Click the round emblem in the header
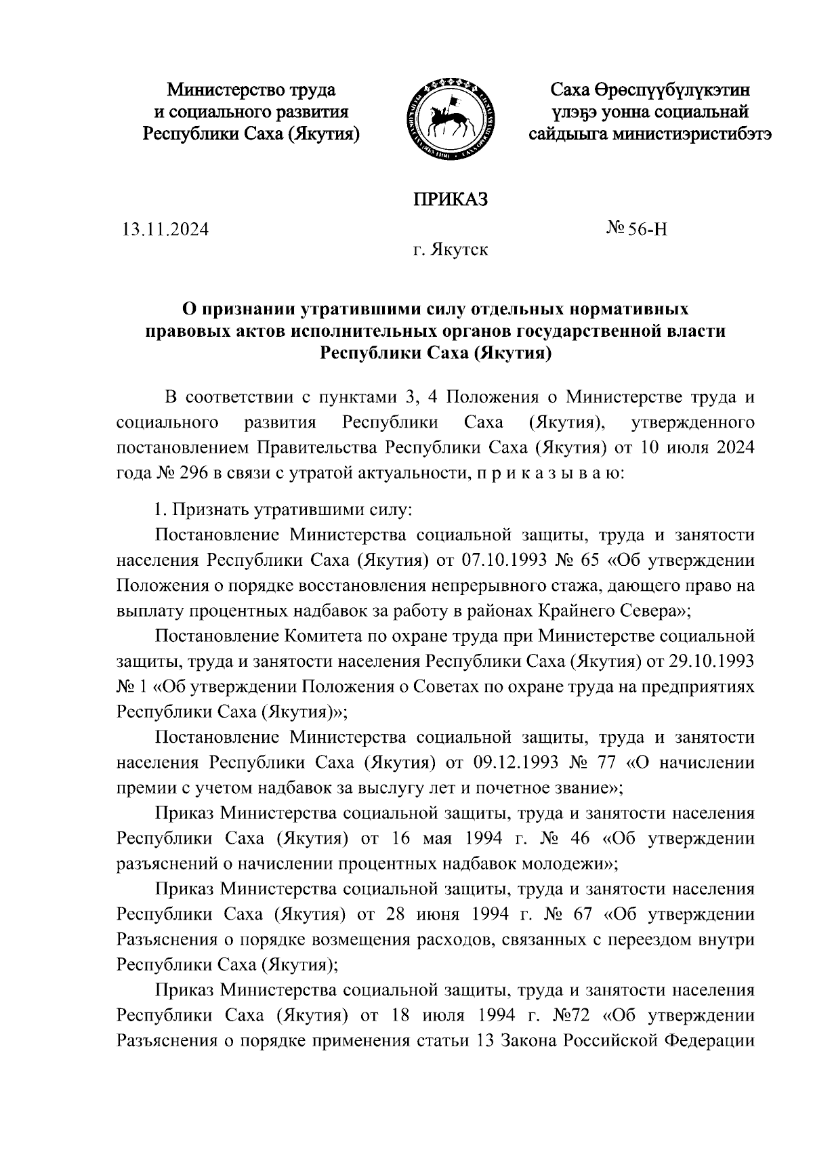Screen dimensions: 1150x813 pos(449,120)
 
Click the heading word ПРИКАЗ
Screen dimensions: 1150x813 pos(451,200)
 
